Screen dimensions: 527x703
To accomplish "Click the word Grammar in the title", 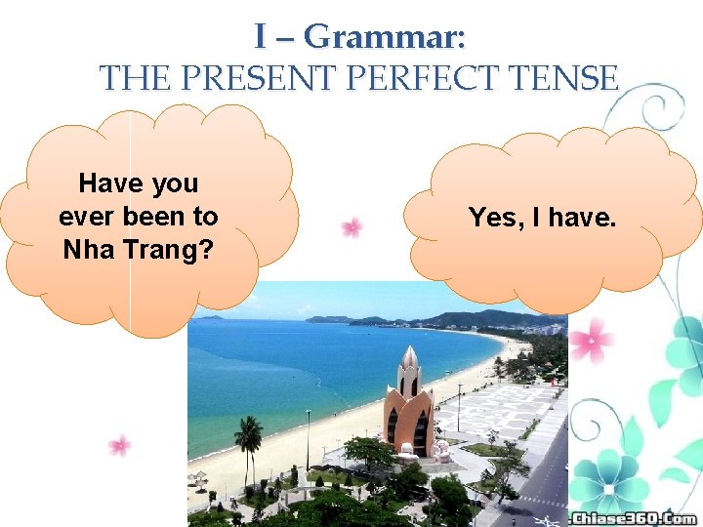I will click(385, 36).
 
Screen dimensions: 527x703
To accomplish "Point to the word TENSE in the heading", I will click(565, 77).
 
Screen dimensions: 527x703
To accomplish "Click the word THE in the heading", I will click(130, 77).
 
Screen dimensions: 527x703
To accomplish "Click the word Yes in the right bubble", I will click(493, 218).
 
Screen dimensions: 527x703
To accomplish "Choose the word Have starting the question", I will click(109, 183).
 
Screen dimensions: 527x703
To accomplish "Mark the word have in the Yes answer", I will click(584, 218).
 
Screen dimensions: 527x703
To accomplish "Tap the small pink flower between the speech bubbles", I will click(351, 227).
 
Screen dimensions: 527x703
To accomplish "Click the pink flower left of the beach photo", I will click(120, 445).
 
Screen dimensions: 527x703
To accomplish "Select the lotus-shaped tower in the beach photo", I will click(409, 402).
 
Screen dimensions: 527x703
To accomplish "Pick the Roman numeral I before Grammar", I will click(261, 36).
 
